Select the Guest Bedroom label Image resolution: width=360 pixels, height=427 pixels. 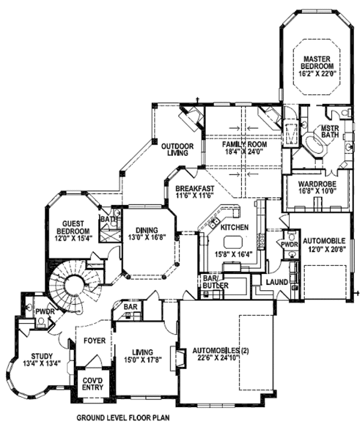tap(73, 230)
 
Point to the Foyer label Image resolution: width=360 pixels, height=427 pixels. tap(94, 341)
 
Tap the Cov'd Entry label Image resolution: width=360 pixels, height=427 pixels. tap(92, 383)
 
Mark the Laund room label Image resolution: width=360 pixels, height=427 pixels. tap(277, 282)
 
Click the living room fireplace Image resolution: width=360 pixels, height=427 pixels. tap(178, 357)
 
